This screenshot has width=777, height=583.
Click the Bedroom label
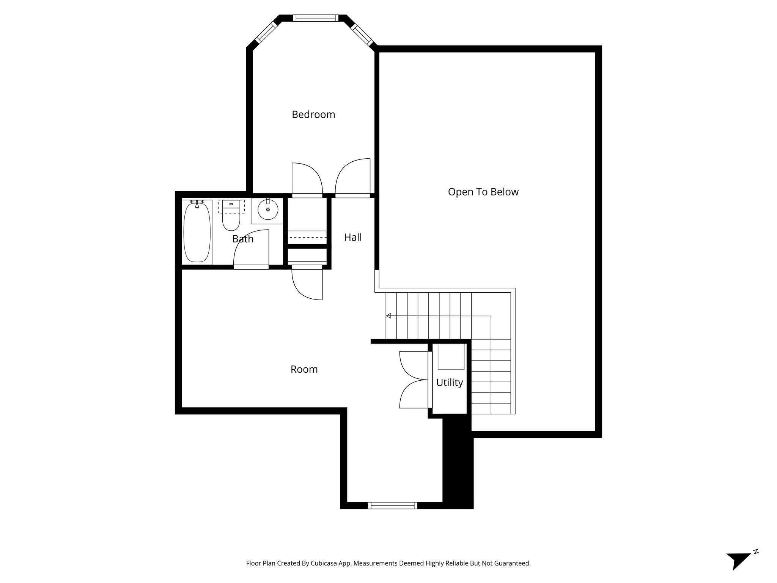313,115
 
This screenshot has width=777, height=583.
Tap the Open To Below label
483,192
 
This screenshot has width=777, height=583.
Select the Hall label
352,238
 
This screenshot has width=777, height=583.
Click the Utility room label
449,383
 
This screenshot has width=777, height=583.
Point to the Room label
304,369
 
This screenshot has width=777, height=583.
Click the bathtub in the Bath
197,232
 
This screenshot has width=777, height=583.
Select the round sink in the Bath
268,210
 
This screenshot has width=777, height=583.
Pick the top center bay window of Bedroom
315,18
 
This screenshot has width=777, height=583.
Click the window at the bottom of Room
392,505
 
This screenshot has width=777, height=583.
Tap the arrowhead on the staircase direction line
388,316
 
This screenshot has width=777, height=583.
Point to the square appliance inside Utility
451,357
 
